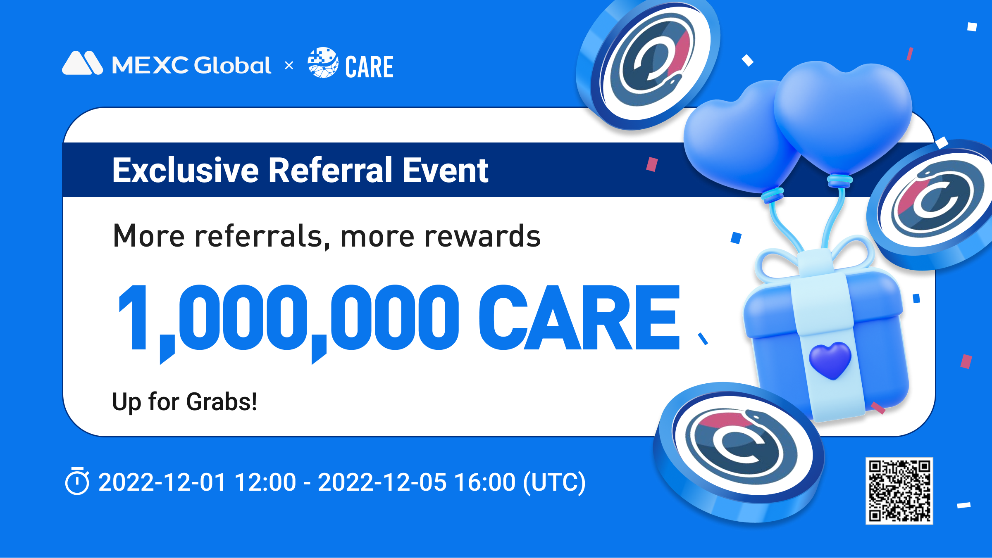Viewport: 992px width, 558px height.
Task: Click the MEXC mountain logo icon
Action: pyautogui.click(x=82, y=63)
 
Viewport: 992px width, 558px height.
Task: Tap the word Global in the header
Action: pyautogui.click(x=232, y=65)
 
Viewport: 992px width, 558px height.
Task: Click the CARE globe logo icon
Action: pyautogui.click(x=323, y=62)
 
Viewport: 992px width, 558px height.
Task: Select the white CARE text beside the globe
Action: pyautogui.click(x=369, y=67)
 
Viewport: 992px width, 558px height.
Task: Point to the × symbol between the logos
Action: pyautogui.click(x=289, y=65)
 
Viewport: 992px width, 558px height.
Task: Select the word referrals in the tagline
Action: pyautogui.click(x=259, y=236)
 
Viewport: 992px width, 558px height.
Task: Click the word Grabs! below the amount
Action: pyautogui.click(x=222, y=401)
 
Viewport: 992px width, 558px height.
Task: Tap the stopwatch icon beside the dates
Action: pyautogui.click(x=77, y=480)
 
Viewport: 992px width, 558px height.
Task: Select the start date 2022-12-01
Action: pyautogui.click(x=162, y=482)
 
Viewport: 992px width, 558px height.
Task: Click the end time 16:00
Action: pyautogui.click(x=485, y=482)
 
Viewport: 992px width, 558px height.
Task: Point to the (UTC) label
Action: pyautogui.click(x=555, y=482)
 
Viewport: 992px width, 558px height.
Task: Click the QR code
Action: pyautogui.click(x=899, y=491)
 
